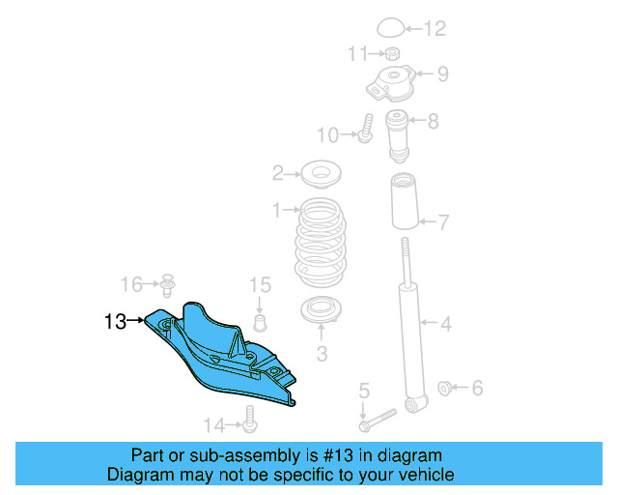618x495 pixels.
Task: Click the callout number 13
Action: (x=116, y=322)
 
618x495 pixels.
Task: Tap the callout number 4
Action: (x=446, y=323)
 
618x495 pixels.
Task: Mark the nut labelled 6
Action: (x=445, y=389)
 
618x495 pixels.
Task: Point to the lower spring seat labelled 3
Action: (x=321, y=312)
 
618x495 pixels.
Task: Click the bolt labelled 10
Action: (x=367, y=130)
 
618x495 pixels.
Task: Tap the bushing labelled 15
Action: (x=259, y=320)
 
